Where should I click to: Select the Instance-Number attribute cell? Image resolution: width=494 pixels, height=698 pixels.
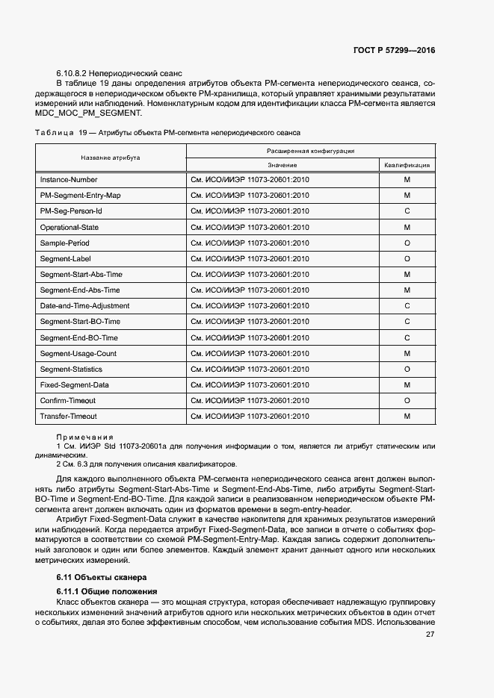69,180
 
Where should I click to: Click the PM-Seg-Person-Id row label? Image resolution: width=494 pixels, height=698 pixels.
71,211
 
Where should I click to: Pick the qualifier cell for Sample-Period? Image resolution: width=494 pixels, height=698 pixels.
407,243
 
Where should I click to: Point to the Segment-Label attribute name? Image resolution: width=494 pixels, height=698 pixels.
66,259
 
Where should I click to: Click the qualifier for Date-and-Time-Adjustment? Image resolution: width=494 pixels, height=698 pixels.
407,306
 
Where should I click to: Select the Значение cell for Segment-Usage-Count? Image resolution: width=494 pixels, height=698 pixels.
250,353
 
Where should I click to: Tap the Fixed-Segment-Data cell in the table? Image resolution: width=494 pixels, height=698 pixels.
75,385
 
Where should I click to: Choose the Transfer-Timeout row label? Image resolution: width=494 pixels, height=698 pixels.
69,417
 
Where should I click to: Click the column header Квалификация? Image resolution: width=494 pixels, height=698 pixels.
407,165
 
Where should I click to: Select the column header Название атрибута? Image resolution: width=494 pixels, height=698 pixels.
111,158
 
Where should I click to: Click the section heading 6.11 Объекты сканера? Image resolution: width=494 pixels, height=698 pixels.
102,577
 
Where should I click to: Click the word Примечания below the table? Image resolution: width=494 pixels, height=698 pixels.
84,437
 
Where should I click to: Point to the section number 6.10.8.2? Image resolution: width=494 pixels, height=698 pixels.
72,74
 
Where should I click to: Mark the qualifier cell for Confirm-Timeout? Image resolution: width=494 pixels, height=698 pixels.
407,401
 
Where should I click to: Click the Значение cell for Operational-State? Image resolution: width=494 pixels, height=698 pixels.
250,227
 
